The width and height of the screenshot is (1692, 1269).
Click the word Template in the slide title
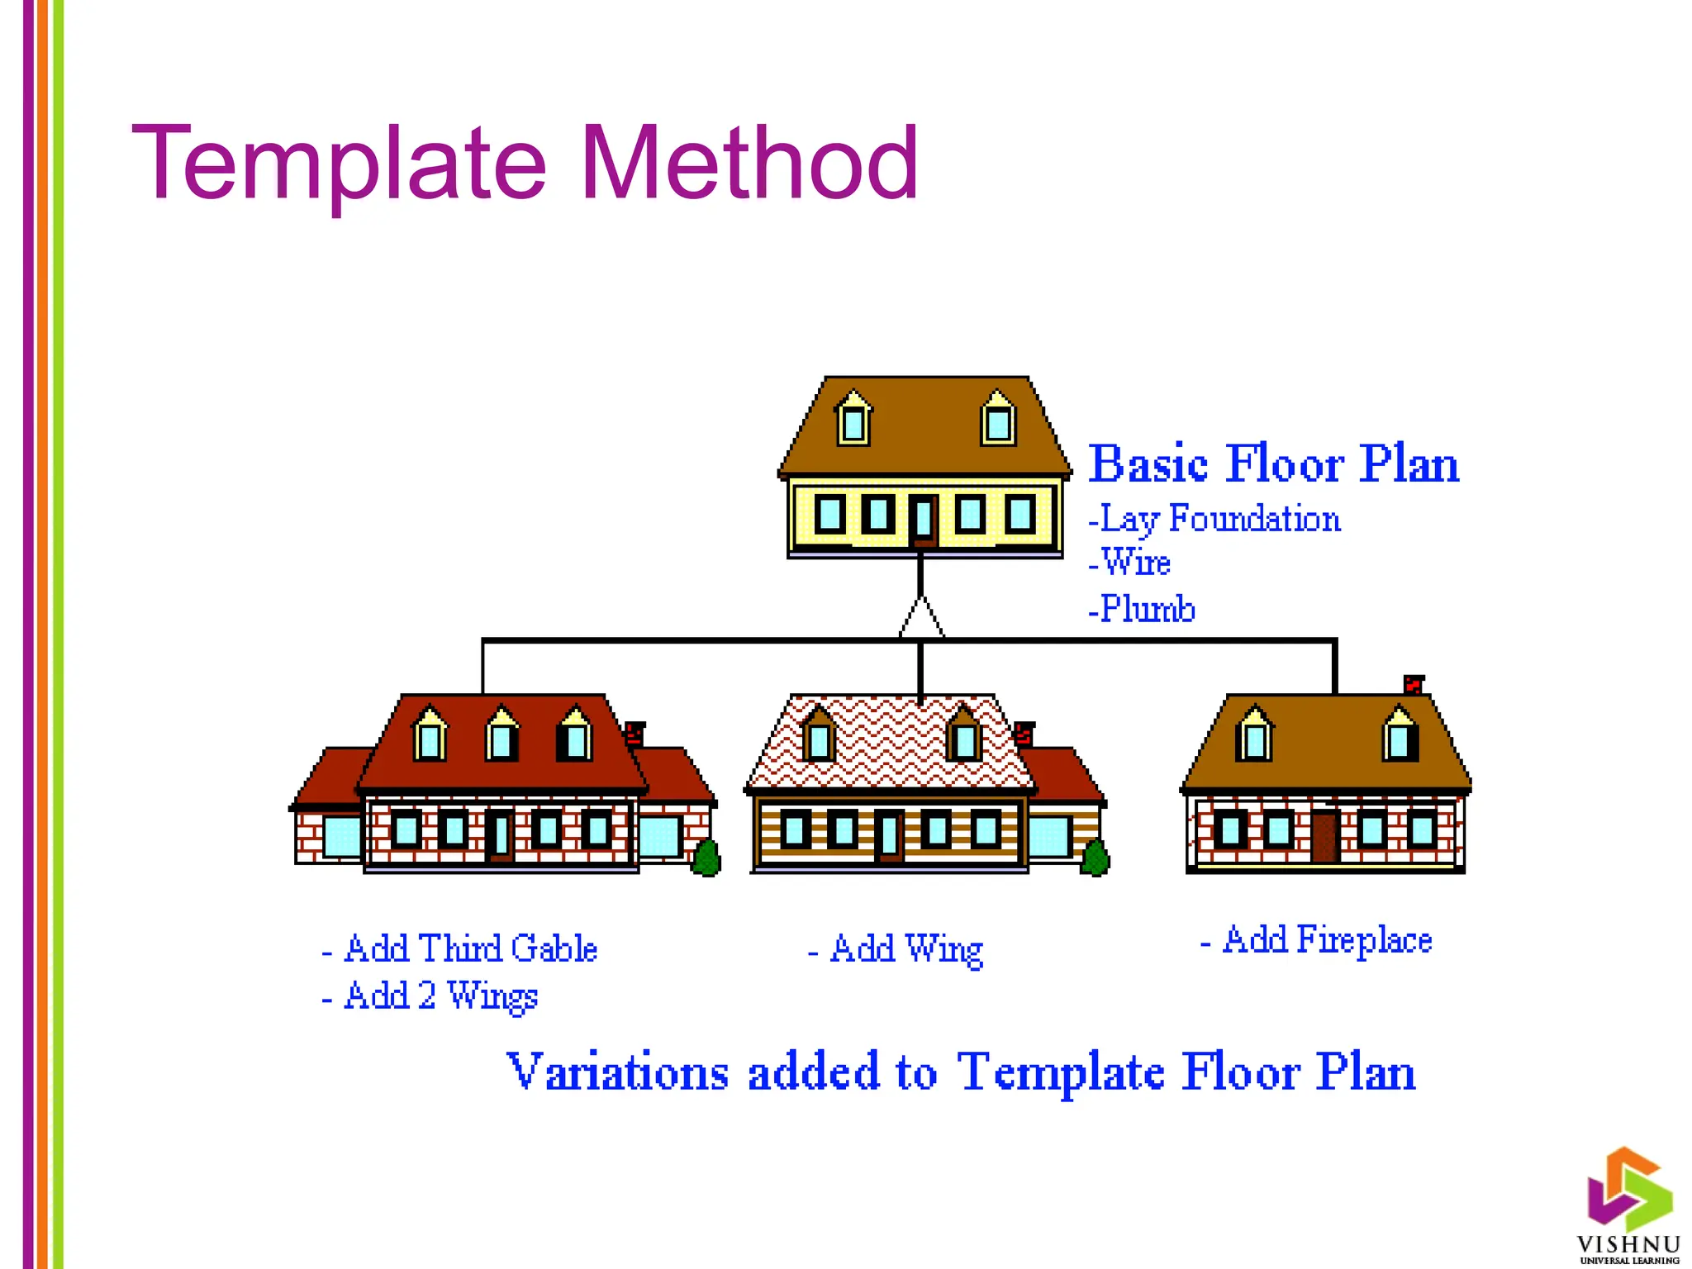coord(339,163)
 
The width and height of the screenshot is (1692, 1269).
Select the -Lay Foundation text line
coord(1214,520)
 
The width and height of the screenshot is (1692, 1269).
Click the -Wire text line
coord(1130,563)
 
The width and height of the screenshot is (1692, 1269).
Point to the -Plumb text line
coord(1142,609)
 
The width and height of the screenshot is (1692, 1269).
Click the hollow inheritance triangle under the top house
coord(921,618)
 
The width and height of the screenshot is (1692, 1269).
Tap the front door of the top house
coord(924,522)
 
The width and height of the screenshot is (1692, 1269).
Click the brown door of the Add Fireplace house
coord(1324,837)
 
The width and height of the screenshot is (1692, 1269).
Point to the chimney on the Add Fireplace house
coord(1414,685)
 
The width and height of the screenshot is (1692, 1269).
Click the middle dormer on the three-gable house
coord(501,734)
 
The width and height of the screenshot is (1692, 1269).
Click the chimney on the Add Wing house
coord(1024,733)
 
